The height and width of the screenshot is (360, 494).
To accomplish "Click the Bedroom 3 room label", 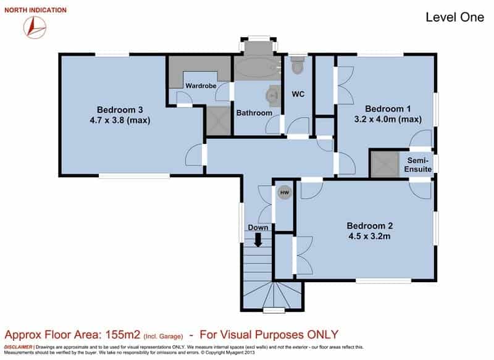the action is (x=120, y=110).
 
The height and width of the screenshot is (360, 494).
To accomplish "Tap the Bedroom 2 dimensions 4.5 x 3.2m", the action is (x=369, y=237).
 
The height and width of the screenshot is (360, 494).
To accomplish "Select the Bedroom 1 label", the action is (x=388, y=109).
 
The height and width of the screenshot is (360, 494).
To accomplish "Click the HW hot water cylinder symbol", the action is (x=285, y=193).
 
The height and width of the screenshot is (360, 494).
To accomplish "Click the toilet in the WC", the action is (x=298, y=65).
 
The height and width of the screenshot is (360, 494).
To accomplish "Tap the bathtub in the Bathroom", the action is (x=257, y=68).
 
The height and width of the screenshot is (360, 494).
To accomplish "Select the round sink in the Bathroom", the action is (x=273, y=95).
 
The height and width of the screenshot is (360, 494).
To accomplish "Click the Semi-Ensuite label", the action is (x=418, y=165).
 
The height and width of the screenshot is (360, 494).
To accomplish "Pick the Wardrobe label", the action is (x=201, y=86).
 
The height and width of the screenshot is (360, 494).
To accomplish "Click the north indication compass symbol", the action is (x=35, y=27).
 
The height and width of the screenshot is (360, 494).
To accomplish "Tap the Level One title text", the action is (x=454, y=17).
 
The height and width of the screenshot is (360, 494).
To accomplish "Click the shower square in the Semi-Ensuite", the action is (x=385, y=164).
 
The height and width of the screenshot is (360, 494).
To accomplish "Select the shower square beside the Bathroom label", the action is (x=219, y=121).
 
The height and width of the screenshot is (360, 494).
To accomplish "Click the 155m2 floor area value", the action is (x=122, y=335).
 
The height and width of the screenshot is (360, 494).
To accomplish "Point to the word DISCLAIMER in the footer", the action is (x=18, y=347).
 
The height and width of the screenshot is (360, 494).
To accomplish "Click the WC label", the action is (x=298, y=94).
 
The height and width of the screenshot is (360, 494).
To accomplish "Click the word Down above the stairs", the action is (x=258, y=228).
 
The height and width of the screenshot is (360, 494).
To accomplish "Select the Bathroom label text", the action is (x=254, y=113).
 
